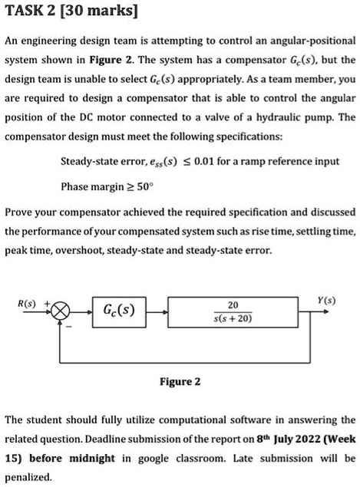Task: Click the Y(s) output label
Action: [x=332, y=299]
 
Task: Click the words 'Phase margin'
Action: [x=91, y=186]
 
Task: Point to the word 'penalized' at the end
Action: [x=28, y=476]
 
